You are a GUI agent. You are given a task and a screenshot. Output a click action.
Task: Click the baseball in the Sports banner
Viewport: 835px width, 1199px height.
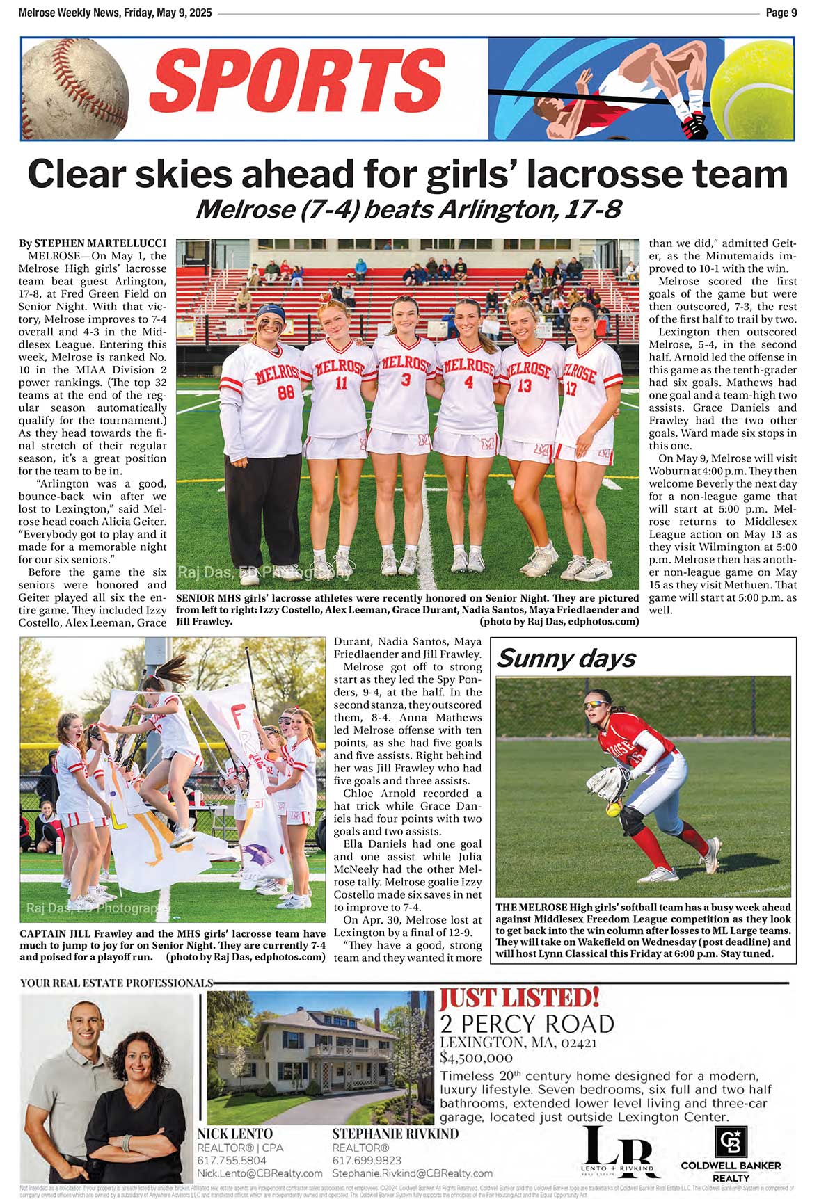74,88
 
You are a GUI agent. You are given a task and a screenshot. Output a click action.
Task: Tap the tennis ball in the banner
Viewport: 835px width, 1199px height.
753,88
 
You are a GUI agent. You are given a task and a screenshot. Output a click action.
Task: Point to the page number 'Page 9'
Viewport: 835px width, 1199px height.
781,13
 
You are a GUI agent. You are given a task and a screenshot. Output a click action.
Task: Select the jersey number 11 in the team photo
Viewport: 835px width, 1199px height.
341,383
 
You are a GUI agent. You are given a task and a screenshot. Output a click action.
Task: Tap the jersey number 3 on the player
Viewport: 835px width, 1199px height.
406,380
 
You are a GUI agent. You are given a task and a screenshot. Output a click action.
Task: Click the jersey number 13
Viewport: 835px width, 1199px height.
524,385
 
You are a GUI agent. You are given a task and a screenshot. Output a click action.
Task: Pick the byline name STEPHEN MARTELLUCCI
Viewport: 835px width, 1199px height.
100,243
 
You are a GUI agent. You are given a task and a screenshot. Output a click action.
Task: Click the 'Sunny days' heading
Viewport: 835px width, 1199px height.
566,658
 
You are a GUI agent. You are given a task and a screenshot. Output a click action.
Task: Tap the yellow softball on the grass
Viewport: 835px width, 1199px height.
613,809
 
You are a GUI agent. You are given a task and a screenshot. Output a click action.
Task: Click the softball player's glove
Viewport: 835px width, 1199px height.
607,782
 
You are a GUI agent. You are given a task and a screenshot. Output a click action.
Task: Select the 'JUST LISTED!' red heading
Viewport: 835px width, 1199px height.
518,997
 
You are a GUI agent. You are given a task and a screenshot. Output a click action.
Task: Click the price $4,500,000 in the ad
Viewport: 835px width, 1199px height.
477,1058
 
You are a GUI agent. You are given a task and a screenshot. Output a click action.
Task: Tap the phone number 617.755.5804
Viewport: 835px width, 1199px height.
232,1161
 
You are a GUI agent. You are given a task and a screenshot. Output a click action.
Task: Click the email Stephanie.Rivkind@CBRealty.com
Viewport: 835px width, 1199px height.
412,1173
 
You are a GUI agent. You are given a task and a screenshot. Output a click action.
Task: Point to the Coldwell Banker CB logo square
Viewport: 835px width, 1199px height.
731,1142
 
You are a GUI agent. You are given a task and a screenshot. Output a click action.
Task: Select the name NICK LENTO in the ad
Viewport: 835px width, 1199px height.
234,1134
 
